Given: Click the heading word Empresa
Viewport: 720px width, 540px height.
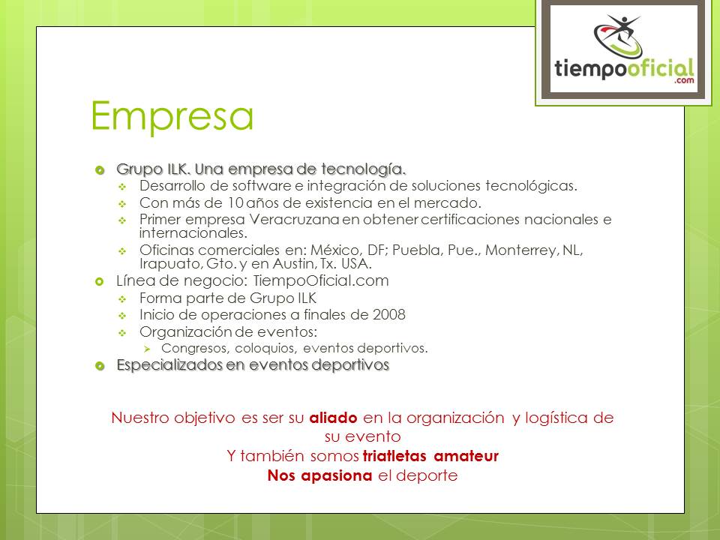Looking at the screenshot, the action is (172, 115).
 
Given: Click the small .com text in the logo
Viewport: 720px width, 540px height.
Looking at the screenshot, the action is (684, 80).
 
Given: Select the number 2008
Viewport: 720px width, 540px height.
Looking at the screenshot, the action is (389, 314).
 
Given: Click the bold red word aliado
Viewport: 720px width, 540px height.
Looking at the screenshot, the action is (333, 418).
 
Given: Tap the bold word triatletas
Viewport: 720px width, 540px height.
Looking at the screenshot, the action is (394, 456).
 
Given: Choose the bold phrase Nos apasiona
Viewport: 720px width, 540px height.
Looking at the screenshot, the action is (319, 475).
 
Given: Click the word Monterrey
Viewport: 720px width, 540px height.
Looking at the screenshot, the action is (522, 250).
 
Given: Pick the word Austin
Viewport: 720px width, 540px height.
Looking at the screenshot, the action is (292, 263).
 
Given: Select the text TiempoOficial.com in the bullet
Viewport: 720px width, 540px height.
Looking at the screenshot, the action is (321, 280).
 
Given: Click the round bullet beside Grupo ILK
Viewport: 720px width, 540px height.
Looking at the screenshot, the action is (100, 170).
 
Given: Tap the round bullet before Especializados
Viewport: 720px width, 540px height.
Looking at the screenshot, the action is (100, 366).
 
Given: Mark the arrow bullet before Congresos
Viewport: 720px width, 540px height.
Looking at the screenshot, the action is (147, 349).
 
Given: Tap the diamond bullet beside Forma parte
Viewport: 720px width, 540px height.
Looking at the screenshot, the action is (122, 299).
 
